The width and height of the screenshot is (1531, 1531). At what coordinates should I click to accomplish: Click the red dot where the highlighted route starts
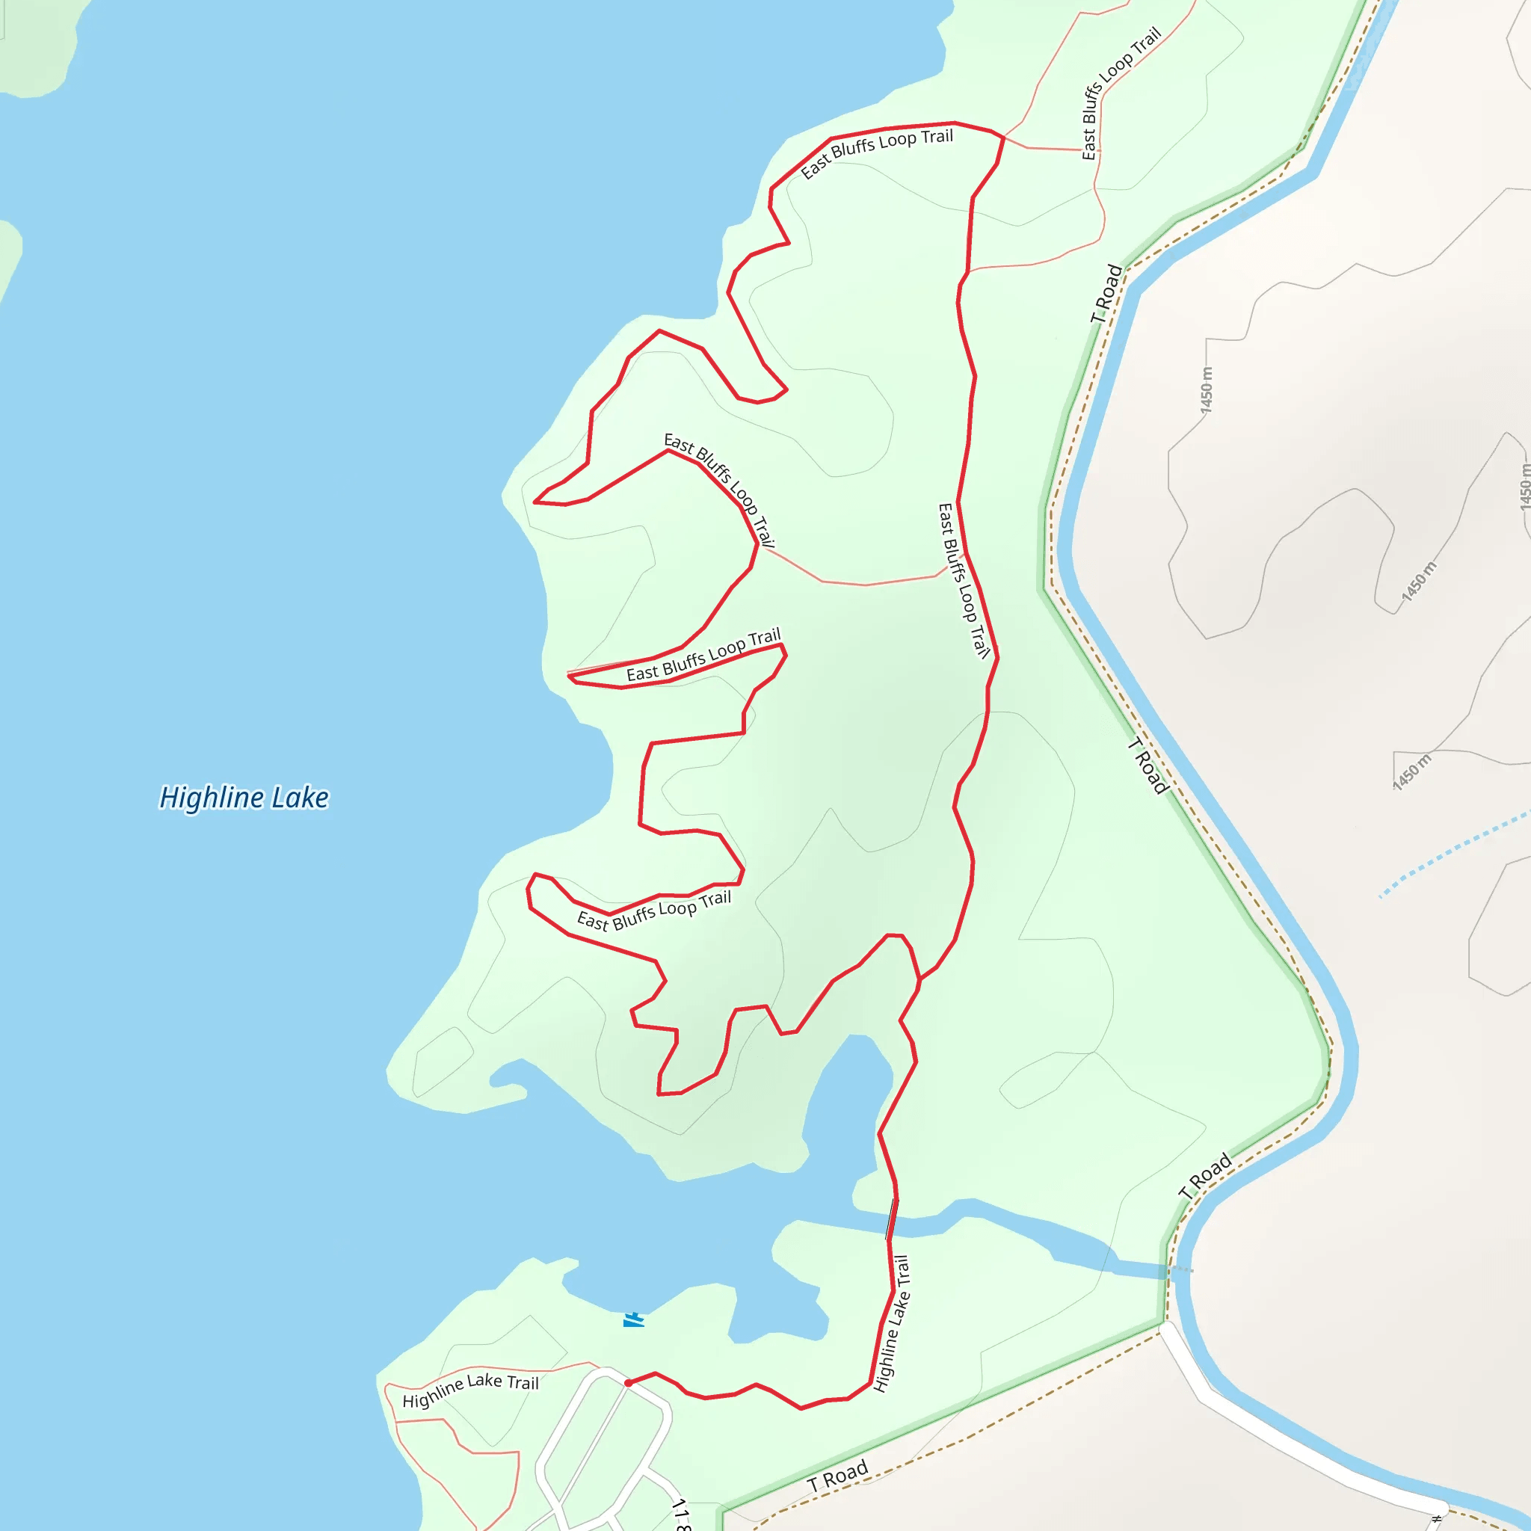pyautogui.click(x=629, y=1383)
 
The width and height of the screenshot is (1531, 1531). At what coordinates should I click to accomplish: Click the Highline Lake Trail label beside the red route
pyautogui.click(x=893, y=1322)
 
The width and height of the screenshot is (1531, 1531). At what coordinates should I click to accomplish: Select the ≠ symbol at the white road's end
pyautogui.click(x=1437, y=1519)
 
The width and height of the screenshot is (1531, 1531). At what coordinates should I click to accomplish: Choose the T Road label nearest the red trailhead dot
pyautogui.click(x=839, y=1476)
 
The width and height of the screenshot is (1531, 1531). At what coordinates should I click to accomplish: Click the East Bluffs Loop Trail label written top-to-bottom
pyautogui.click(x=964, y=581)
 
